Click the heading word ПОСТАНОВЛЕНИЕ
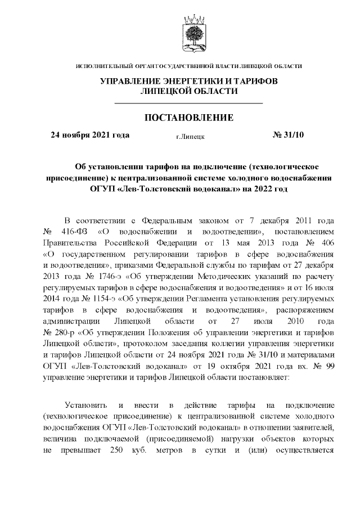point(189,118)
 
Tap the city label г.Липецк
point(190,136)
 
